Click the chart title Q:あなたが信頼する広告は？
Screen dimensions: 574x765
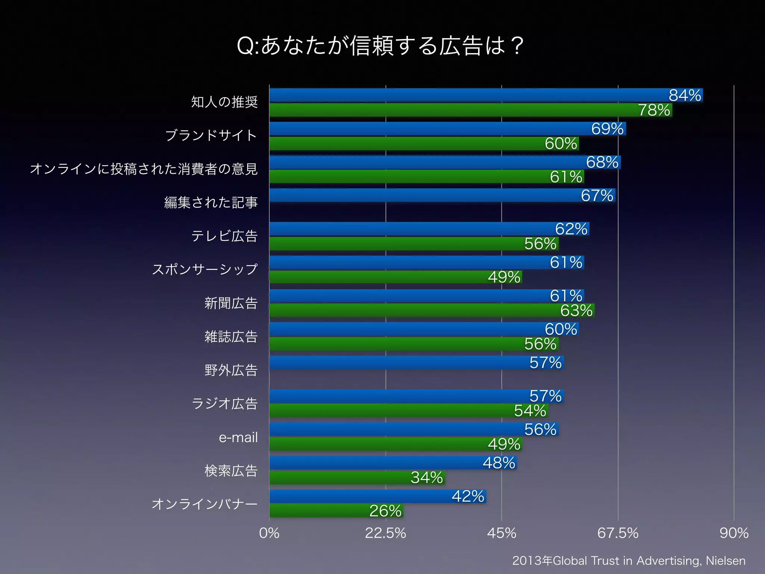coord(380,46)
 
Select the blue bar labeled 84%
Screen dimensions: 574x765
coord(486,95)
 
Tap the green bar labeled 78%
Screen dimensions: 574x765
coord(471,110)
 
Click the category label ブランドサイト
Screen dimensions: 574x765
coord(211,135)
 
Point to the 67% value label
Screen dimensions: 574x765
coord(597,195)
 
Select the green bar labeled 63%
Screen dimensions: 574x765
coord(431,310)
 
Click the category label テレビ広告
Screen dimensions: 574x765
coord(224,236)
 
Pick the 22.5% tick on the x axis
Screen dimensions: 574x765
coord(385,533)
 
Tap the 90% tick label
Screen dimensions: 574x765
coord(734,533)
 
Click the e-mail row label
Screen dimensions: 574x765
coord(238,437)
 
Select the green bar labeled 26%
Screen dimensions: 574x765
coord(336,511)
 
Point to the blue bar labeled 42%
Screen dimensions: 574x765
coord(377,496)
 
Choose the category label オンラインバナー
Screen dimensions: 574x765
coord(204,504)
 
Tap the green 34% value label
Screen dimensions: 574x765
coord(427,478)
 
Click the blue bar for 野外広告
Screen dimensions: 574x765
coord(416,362)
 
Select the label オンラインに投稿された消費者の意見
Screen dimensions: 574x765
coord(144,169)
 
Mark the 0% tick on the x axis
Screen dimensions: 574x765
coord(269,533)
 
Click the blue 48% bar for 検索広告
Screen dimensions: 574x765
coord(392,463)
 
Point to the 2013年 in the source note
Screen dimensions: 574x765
coord(532,561)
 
